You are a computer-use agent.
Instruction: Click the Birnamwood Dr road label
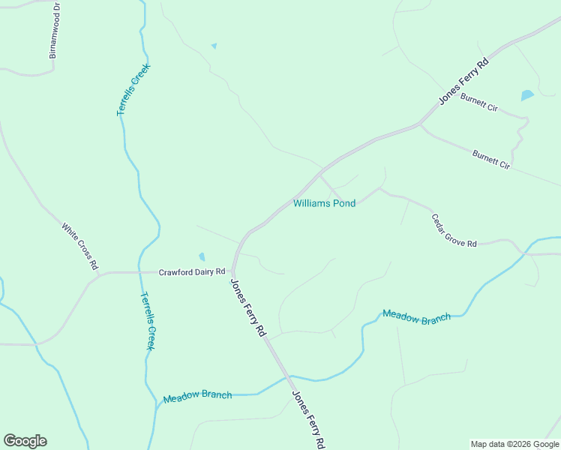(53, 31)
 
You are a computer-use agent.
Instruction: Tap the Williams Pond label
(324, 203)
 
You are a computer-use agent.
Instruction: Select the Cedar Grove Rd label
(454, 231)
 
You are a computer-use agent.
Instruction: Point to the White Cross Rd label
(80, 246)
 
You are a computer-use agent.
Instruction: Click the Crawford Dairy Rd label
(192, 271)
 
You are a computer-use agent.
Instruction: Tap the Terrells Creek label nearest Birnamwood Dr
(133, 89)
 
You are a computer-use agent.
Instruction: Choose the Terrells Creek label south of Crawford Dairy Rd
(148, 320)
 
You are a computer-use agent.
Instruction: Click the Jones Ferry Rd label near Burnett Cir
(463, 81)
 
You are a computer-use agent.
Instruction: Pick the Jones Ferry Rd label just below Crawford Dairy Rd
(248, 307)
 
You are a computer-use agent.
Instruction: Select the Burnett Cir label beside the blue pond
(479, 103)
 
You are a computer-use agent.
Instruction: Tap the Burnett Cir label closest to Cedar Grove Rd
(491, 159)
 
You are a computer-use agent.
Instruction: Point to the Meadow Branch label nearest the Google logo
(197, 395)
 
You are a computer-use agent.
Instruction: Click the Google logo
(25, 441)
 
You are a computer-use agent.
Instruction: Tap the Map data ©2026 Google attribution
(514, 444)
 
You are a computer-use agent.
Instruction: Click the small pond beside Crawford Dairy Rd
(202, 257)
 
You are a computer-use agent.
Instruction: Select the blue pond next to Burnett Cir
(527, 95)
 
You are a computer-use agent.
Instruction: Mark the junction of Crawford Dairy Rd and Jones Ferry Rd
(233, 272)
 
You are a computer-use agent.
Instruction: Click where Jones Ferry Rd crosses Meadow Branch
(287, 376)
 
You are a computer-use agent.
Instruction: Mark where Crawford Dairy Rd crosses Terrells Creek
(140, 272)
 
